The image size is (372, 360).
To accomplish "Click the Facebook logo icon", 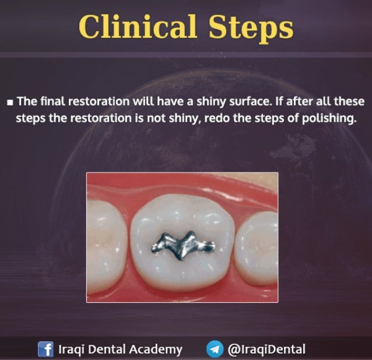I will coord(45,350).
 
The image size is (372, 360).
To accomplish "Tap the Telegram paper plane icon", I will coord(215,350).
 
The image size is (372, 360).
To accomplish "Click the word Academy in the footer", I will coord(154,350).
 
